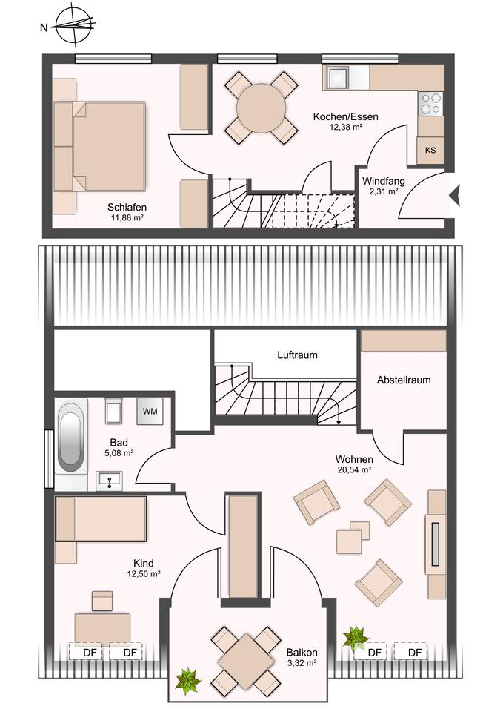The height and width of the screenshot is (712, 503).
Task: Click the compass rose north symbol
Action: [x=74, y=25]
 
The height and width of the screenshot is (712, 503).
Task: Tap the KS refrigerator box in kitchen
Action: [x=430, y=150]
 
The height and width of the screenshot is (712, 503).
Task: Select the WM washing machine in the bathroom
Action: [x=150, y=412]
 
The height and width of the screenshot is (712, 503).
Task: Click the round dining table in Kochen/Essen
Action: [x=262, y=108]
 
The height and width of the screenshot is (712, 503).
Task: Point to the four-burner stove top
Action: [x=430, y=103]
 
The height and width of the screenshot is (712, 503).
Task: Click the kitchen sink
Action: [x=338, y=77]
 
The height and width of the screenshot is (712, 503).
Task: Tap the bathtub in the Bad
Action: [x=71, y=437]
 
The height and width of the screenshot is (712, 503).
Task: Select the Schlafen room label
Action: [x=127, y=207]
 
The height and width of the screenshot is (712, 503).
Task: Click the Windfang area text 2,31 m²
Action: [x=383, y=191]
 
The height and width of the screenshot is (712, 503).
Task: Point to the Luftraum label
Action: [x=298, y=355]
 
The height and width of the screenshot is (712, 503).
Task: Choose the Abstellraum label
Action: [x=404, y=380]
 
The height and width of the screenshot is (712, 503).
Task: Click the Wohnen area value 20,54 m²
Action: [x=354, y=470]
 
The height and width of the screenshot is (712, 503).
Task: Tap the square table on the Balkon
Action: [x=245, y=656]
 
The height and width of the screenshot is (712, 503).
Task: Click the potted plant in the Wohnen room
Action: [x=356, y=638]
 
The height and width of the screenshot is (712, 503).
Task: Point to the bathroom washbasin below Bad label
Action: [x=109, y=481]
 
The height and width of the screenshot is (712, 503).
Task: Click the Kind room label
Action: [x=143, y=563]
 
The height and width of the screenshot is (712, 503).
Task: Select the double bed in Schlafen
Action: [x=99, y=145]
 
